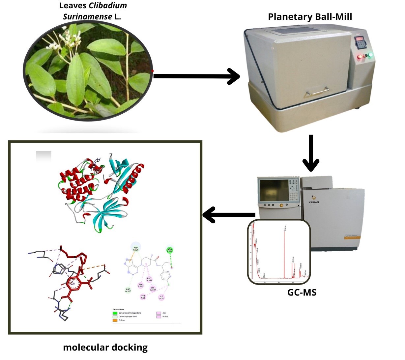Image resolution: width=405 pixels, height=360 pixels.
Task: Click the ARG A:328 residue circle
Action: click(170, 250)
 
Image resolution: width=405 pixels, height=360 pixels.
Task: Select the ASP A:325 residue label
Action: click(136, 249)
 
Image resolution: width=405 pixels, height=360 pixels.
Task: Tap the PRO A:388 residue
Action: click(149, 279)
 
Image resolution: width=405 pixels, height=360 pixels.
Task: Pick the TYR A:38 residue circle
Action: click(143, 297)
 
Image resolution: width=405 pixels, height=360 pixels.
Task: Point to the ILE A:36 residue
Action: click(161, 297)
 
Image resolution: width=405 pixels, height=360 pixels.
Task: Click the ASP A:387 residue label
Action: click(128, 290)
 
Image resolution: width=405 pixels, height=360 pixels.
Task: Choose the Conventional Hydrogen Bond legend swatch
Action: click(115, 313)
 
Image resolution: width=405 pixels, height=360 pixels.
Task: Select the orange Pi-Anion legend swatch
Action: click(115, 320)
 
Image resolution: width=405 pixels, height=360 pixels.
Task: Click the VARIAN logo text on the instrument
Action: click(314, 202)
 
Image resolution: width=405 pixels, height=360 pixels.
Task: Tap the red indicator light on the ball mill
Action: click(360, 57)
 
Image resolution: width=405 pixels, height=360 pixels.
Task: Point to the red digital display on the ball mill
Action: click(359, 39)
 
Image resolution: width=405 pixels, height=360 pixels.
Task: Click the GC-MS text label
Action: click(302, 292)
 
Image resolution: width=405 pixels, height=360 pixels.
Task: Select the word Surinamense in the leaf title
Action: click(87, 16)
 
